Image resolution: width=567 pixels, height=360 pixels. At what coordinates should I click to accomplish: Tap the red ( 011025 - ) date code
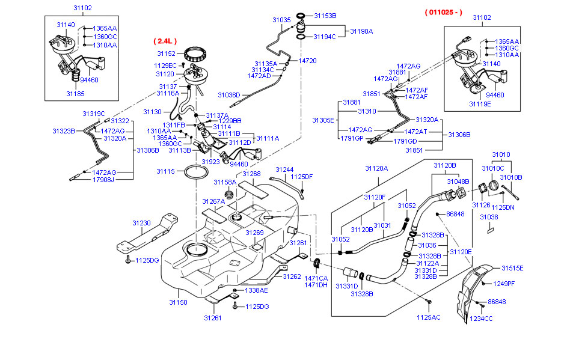click(443, 12)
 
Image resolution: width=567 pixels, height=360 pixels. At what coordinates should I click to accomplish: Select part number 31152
click(166, 53)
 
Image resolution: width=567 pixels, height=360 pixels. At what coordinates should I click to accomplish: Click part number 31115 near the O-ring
click(165, 171)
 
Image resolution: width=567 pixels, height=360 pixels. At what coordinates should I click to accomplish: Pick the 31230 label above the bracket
click(141, 223)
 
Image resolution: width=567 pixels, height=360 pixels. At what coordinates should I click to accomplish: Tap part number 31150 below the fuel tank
click(178, 302)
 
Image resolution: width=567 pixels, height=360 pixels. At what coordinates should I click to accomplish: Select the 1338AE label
click(256, 290)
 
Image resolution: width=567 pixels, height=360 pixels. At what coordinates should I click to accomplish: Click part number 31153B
click(325, 16)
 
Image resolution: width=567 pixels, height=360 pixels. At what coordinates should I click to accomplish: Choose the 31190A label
click(361, 31)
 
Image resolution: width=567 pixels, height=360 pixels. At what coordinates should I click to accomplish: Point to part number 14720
click(307, 61)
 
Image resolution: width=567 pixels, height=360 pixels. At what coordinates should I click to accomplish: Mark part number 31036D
click(228, 95)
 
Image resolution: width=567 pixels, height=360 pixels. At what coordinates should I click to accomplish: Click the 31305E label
click(323, 120)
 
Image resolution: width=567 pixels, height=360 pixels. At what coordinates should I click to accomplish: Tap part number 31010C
click(492, 168)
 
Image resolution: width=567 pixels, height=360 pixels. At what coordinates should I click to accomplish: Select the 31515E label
click(513, 268)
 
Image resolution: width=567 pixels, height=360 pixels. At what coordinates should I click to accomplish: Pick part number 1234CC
click(481, 318)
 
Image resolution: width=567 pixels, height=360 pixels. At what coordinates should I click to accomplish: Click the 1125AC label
click(429, 317)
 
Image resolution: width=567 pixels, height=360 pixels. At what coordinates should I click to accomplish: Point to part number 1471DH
click(316, 285)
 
